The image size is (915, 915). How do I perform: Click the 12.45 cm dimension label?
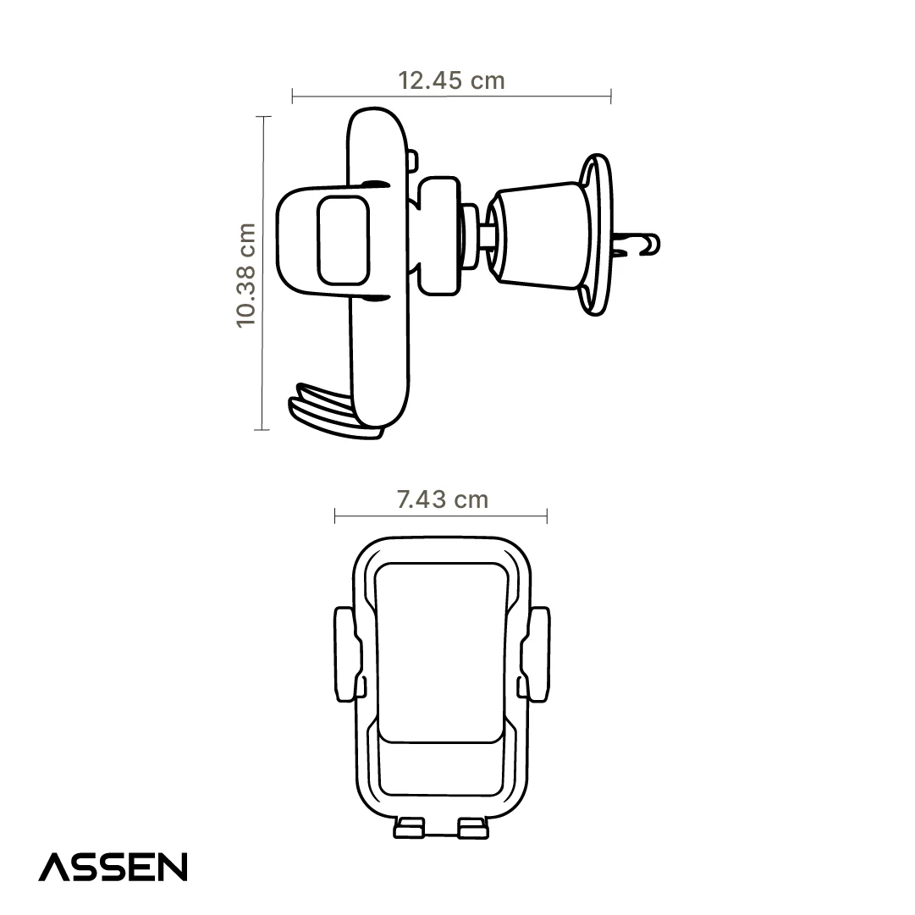pyautogui.click(x=451, y=80)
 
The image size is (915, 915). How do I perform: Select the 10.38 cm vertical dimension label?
pyautogui.click(x=246, y=275)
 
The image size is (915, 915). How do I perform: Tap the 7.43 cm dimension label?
pyautogui.click(x=443, y=499)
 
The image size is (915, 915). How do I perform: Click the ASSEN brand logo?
pyautogui.click(x=113, y=867)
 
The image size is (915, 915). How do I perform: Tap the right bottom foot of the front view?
pyautogui.click(x=473, y=828)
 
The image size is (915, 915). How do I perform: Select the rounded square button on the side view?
pyautogui.click(x=343, y=240)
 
